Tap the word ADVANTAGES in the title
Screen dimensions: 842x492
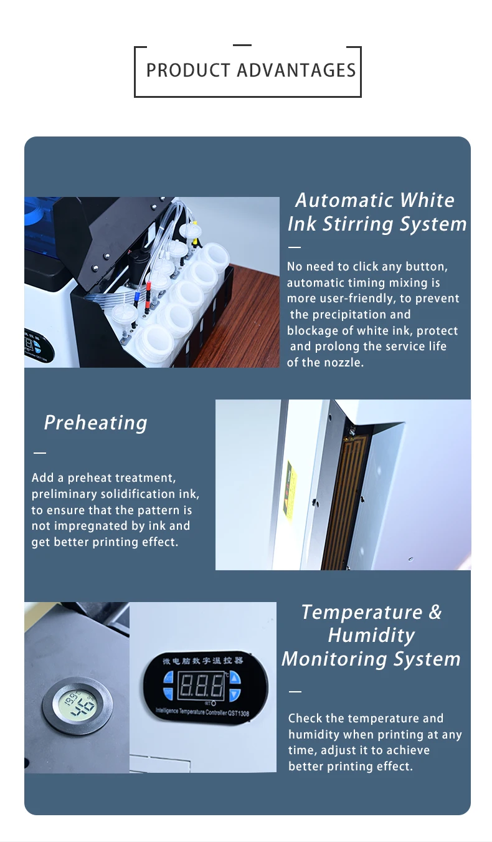point(296,70)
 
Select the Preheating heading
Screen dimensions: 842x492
point(95,423)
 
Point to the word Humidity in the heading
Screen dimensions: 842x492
point(371,636)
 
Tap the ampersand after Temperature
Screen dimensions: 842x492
point(435,613)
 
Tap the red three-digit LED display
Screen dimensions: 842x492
point(201,687)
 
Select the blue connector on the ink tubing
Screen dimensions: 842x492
point(137,295)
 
